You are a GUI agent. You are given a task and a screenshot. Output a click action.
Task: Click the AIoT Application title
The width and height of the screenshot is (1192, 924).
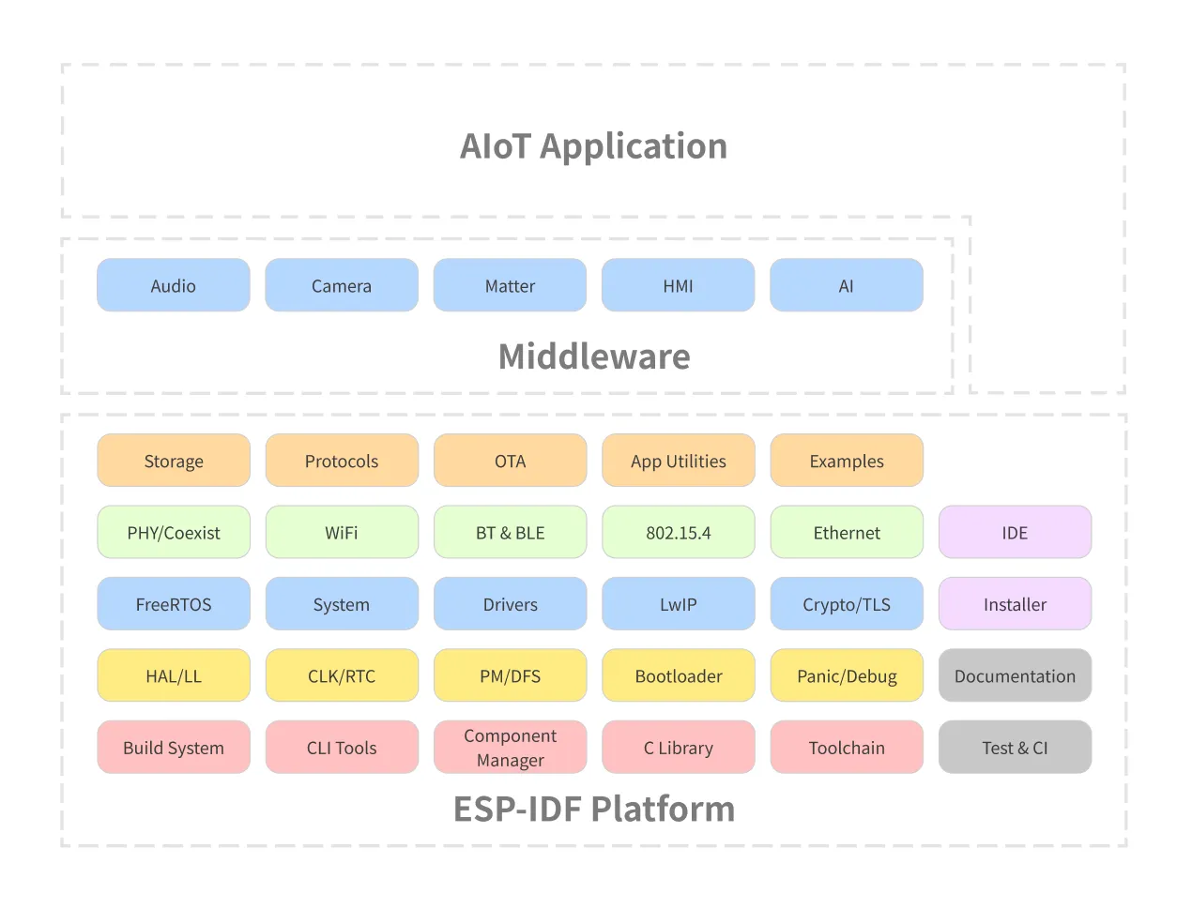(593, 146)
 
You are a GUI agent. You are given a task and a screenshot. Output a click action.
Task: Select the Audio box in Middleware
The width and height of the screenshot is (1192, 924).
(174, 285)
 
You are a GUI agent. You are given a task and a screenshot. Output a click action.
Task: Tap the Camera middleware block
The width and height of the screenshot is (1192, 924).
(342, 285)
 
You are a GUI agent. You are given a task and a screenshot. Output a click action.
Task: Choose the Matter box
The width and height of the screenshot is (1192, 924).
(510, 285)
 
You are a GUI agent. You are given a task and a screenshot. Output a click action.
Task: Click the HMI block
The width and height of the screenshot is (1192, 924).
(678, 285)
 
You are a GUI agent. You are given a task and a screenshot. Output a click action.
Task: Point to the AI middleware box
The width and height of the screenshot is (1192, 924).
(846, 285)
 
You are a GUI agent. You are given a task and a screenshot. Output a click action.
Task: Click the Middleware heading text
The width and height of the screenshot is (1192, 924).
(594, 356)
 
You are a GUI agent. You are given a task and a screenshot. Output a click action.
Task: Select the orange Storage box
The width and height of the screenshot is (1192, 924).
(174, 461)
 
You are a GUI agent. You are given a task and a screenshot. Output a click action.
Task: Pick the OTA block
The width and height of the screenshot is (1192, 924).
(510, 461)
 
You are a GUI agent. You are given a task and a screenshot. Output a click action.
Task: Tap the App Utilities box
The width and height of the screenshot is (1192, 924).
(678, 461)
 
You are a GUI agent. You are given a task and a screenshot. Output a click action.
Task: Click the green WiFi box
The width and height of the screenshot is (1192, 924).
(342, 532)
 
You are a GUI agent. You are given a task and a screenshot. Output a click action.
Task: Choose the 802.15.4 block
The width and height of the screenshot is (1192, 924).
(678, 532)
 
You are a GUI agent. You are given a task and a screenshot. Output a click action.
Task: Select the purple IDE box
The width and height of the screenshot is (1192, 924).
(1015, 532)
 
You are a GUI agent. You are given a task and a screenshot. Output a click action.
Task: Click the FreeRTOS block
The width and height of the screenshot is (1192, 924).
(174, 604)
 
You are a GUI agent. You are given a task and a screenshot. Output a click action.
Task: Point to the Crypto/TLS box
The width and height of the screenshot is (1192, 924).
(846, 604)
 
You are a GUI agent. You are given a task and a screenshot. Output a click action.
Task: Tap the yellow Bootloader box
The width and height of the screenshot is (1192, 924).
(678, 675)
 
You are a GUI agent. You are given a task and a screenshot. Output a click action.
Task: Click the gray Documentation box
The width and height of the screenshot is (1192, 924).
(1015, 675)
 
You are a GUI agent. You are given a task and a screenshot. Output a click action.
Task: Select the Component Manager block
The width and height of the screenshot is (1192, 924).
(510, 748)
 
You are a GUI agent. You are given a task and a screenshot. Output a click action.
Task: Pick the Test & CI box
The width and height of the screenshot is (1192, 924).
(1015, 748)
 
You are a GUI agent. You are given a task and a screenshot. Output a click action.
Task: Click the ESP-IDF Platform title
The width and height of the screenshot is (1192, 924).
(594, 809)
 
